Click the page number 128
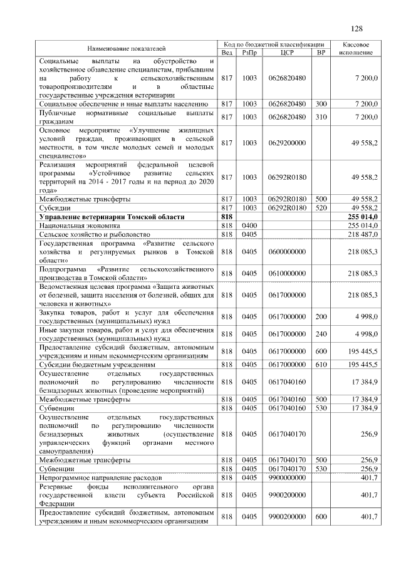pyautogui.click(x=357, y=29)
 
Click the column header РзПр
pyautogui.click(x=249, y=53)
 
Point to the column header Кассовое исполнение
pyautogui.click(x=356, y=48)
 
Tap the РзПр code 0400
pyautogui.click(x=249, y=224)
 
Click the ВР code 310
pyautogui.click(x=321, y=117)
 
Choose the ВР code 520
pyautogui.click(x=321, y=207)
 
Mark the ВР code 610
pyautogui.click(x=321, y=364)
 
